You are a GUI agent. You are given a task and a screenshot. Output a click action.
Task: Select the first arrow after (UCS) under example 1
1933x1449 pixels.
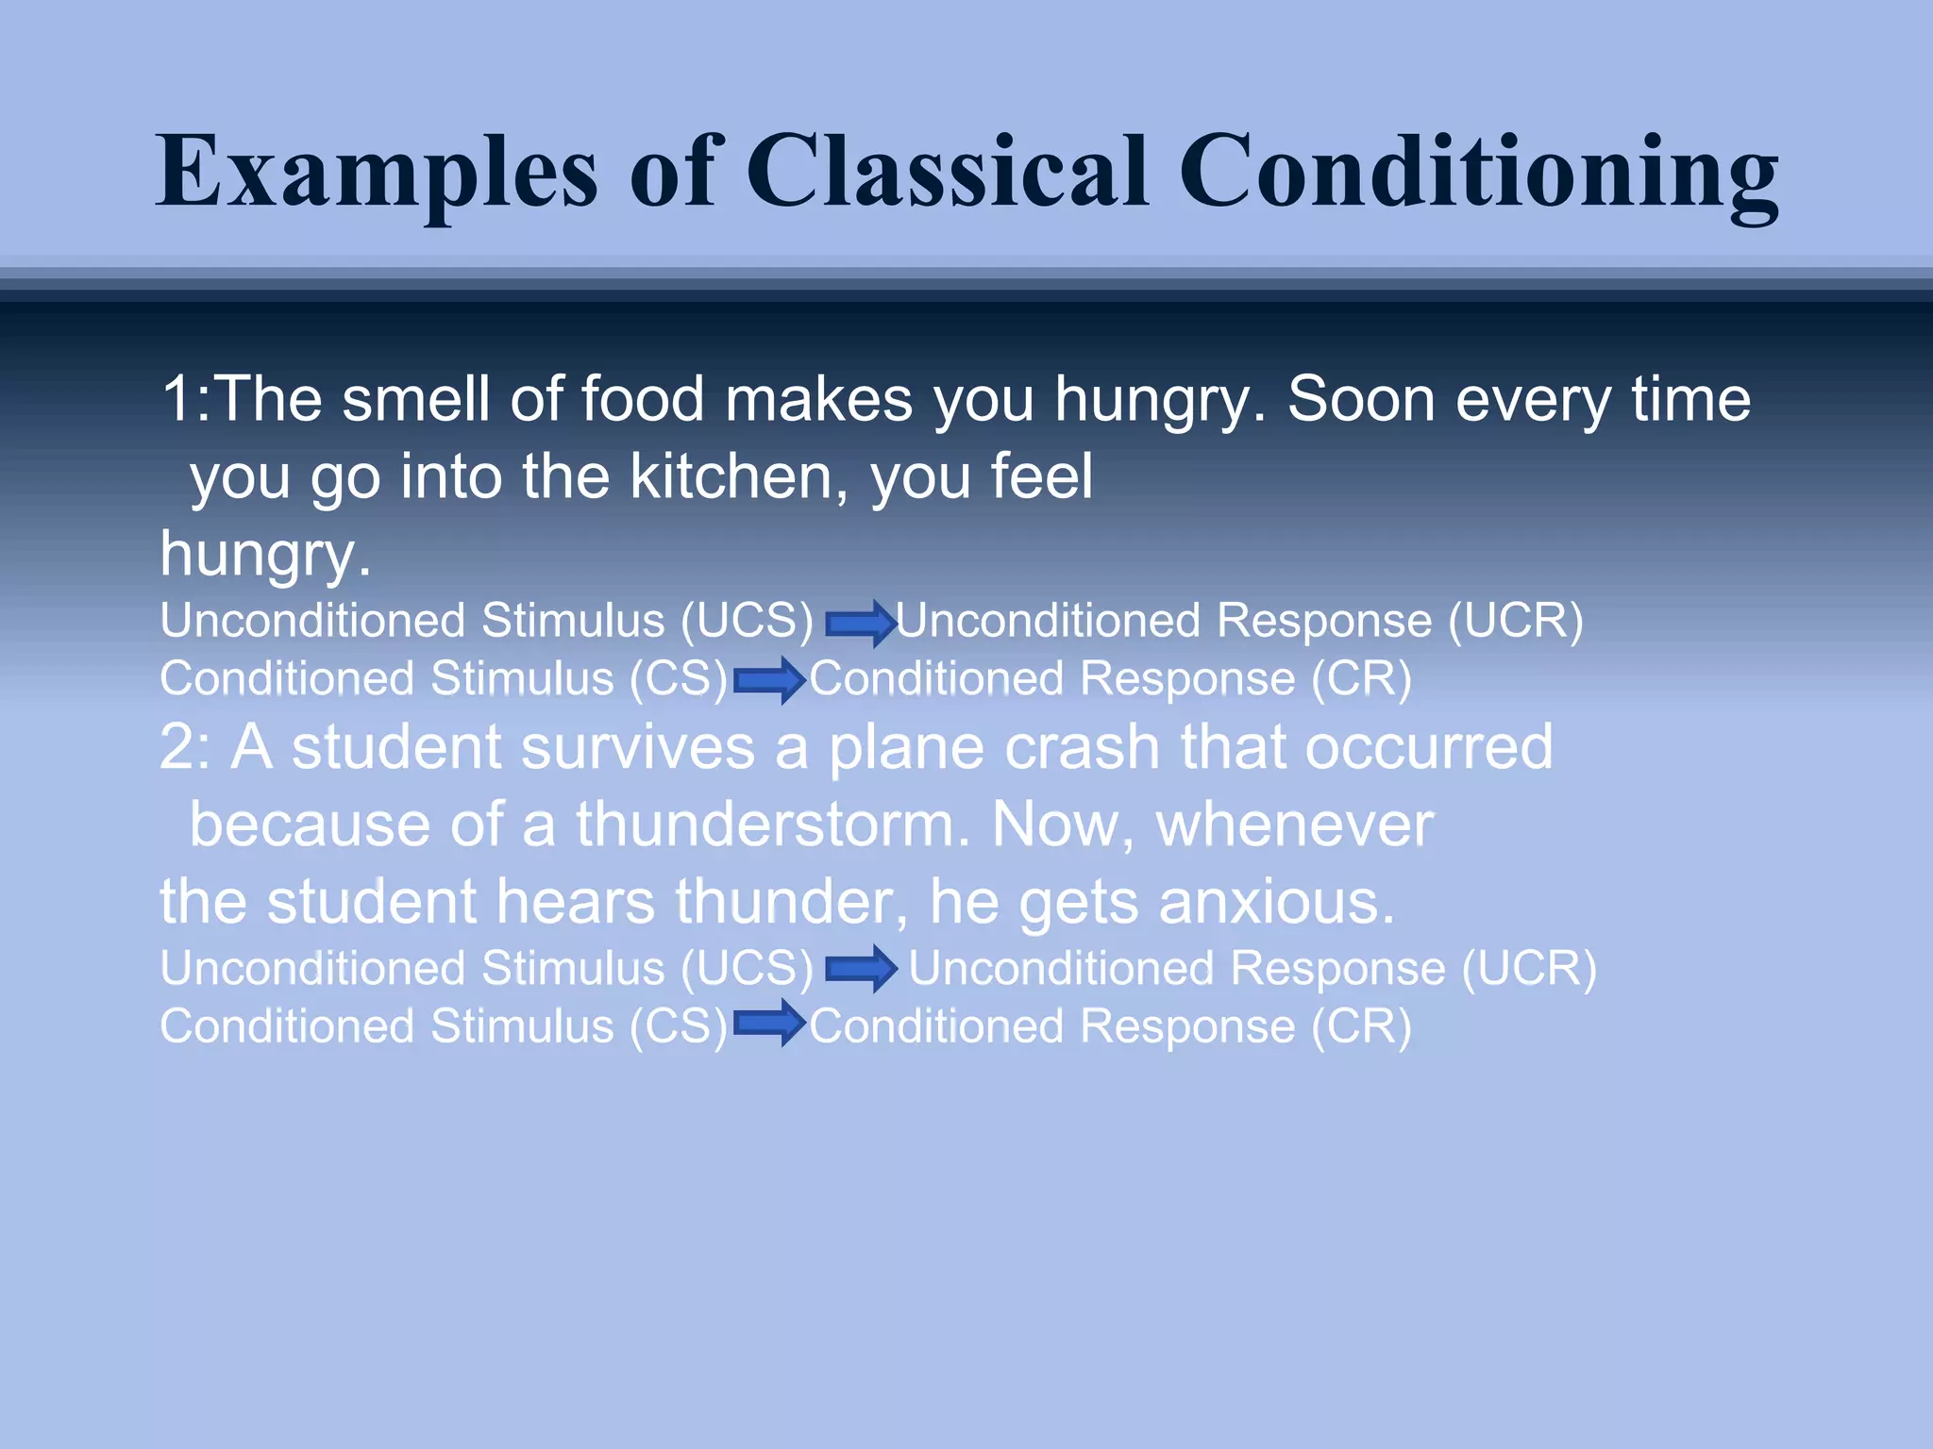coord(860,623)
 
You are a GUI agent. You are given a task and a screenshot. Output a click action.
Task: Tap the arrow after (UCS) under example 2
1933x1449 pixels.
coord(860,969)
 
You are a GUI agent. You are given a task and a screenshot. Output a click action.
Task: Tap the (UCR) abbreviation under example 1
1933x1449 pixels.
coord(1516,621)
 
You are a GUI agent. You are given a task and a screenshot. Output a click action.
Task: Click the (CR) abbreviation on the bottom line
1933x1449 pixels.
coord(1361,1026)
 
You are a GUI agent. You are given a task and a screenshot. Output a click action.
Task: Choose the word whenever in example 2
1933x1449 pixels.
coord(1295,824)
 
